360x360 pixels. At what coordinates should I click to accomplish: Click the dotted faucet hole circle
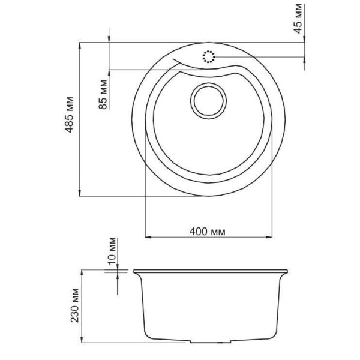coord(209,58)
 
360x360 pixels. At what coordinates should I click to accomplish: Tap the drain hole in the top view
coord(208,98)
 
